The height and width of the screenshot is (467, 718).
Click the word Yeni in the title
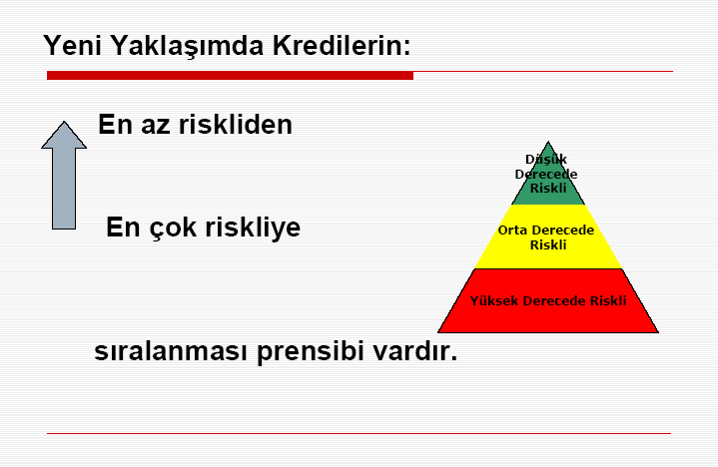(72, 45)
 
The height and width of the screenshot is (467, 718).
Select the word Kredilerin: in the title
(342, 45)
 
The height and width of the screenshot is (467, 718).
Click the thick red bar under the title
(230, 76)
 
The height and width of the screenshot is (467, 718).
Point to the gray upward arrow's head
(64, 136)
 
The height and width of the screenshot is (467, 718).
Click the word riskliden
(236, 124)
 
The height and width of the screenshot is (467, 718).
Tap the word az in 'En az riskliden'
(155, 127)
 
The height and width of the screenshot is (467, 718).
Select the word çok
(173, 229)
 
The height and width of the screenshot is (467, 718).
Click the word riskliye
(253, 228)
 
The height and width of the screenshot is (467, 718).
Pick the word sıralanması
(171, 351)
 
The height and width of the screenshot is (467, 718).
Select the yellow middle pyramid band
(548, 236)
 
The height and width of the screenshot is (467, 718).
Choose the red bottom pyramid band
(548, 301)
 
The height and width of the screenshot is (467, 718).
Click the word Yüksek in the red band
(494, 300)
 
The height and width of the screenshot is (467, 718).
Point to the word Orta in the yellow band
(512, 231)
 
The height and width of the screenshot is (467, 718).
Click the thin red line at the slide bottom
(359, 433)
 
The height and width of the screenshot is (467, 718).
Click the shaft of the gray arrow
(64, 189)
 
